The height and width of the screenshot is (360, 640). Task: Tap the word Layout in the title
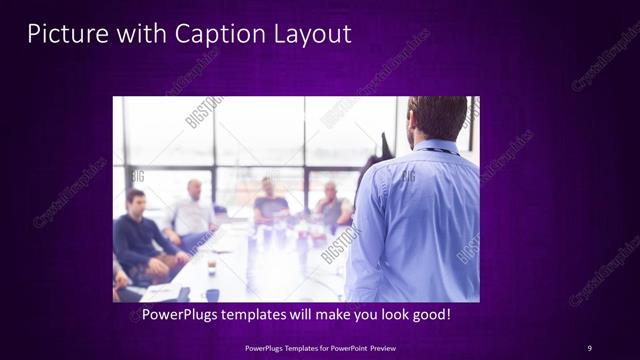coord(310,33)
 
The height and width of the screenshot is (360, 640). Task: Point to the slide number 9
coord(589,347)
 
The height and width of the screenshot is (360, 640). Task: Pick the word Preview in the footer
coord(381,348)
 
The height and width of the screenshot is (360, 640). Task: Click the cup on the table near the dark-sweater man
coord(212,264)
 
